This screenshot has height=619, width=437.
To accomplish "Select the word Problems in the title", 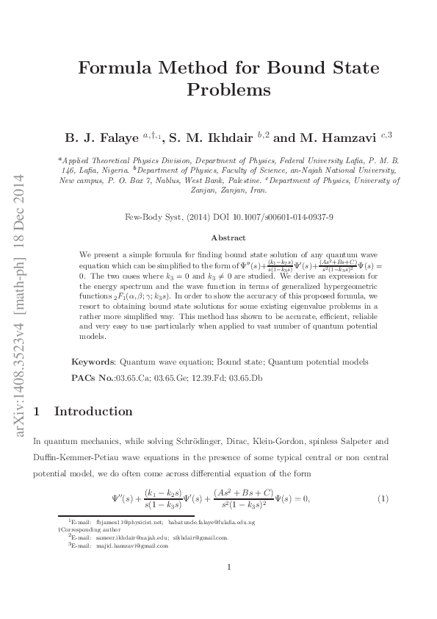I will pos(229,90).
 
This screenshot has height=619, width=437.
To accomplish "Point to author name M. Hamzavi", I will pos(334,137).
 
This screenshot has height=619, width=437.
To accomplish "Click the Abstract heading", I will pos(228,238).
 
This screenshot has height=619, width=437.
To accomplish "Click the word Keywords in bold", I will pos(93,362).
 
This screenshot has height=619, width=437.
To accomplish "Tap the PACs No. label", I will pos(93,377).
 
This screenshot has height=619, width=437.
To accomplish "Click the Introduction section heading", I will pos(93,411).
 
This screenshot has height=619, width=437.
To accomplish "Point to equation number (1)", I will pos(383,499).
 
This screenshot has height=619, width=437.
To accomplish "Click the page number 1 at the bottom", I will pos(229,567).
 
